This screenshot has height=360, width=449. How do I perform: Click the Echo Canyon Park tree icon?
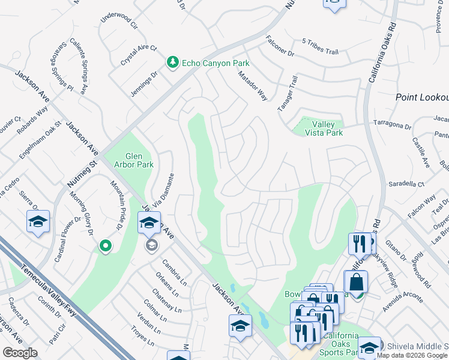pyautogui.click(x=173, y=62)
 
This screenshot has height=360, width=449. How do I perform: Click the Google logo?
pyautogui.click(x=20, y=352)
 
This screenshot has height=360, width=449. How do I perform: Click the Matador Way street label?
pyautogui.click(x=252, y=86)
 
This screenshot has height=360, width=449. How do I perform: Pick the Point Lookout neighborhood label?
pyautogui.click(x=421, y=97)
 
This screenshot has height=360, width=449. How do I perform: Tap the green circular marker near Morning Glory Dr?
pyautogui.click(x=106, y=245)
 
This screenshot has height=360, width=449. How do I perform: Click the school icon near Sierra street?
pyautogui.click(x=38, y=222)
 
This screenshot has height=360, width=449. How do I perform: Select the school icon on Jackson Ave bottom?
pyautogui.click(x=240, y=326)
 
